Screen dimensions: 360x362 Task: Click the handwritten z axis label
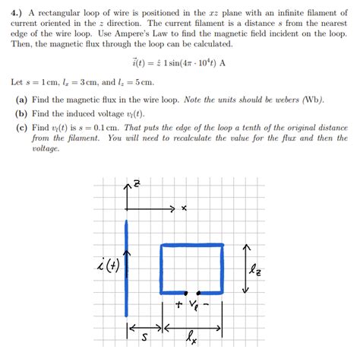136,185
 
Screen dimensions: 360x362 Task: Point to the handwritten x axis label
184,208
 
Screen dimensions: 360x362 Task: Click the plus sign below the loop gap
178,306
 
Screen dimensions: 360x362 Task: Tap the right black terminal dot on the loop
199,293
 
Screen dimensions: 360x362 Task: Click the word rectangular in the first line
65,12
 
